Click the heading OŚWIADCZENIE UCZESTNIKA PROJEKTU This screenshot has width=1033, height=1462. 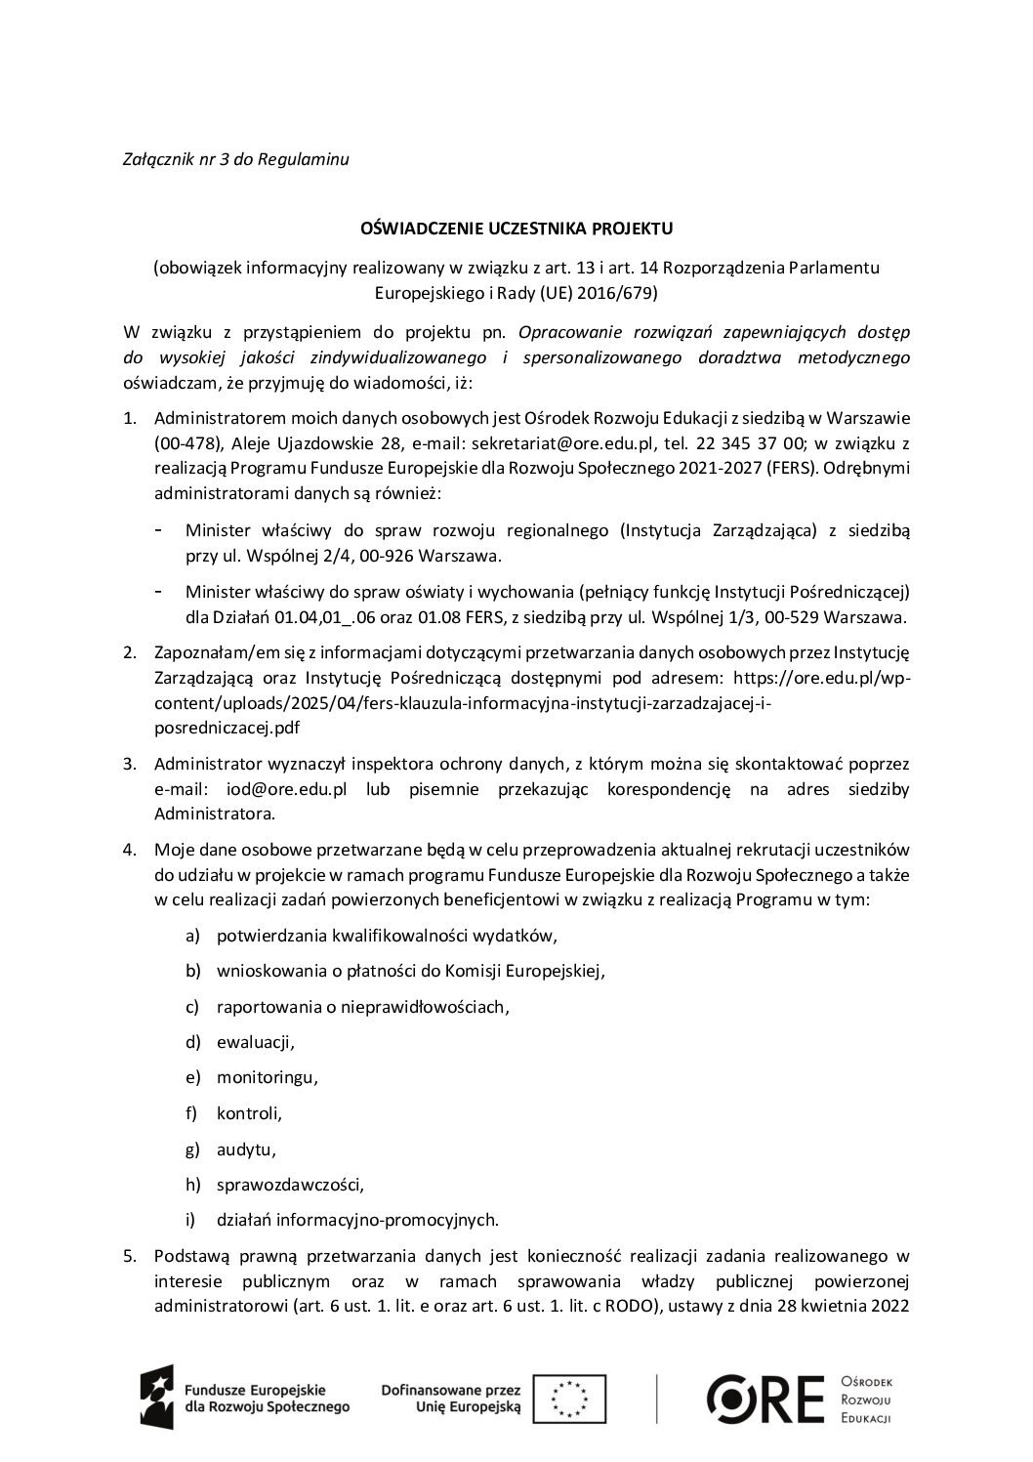pos(516,229)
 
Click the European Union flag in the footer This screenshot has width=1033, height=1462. pos(576,1398)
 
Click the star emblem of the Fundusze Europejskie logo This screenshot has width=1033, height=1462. pos(158,1398)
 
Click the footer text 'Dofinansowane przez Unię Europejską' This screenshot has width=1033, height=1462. pos(450,1398)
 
